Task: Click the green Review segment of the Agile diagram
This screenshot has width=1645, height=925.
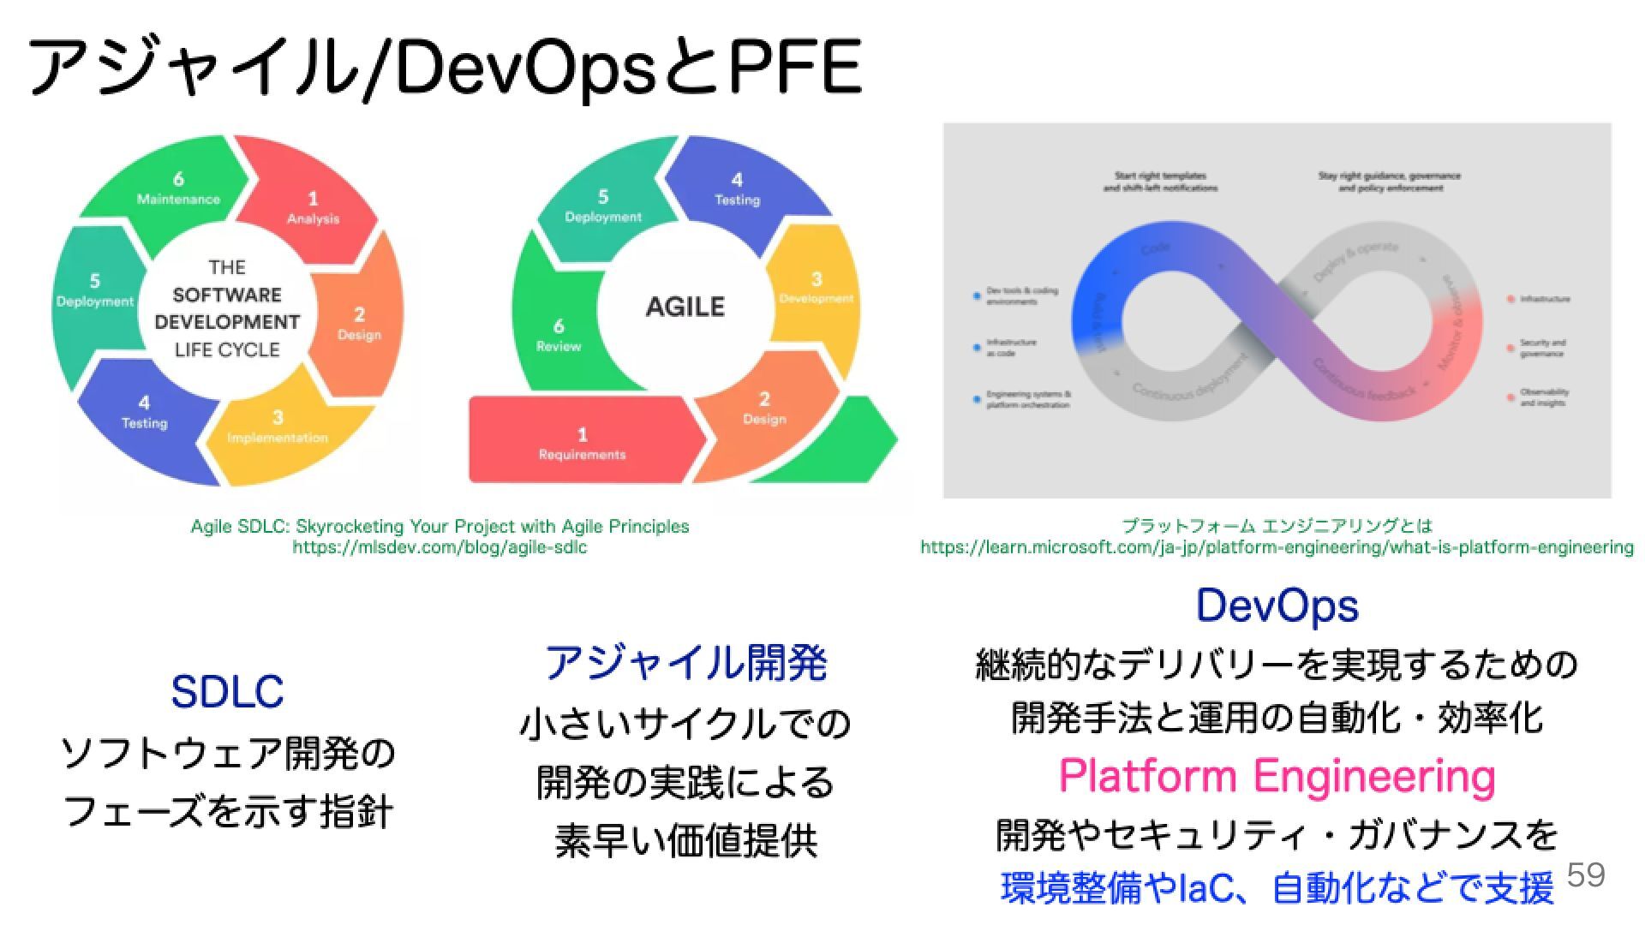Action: pyautogui.click(x=558, y=335)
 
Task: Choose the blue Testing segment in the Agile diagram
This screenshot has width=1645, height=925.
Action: pyautogui.click(x=737, y=189)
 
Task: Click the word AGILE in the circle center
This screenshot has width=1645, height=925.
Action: pyautogui.click(x=685, y=307)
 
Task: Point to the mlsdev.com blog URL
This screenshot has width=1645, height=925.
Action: pyautogui.click(x=440, y=547)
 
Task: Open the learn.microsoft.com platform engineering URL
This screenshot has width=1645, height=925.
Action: pyautogui.click(x=1277, y=547)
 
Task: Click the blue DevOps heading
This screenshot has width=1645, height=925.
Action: pyautogui.click(x=1277, y=606)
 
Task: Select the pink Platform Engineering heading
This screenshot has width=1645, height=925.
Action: pyautogui.click(x=1277, y=776)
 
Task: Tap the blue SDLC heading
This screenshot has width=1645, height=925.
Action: pyautogui.click(x=227, y=691)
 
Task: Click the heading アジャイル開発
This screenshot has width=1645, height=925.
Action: pyautogui.click(x=685, y=662)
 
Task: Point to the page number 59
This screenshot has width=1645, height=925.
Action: pyautogui.click(x=1585, y=874)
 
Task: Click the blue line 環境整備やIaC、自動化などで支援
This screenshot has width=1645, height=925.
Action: pyautogui.click(x=1277, y=888)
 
